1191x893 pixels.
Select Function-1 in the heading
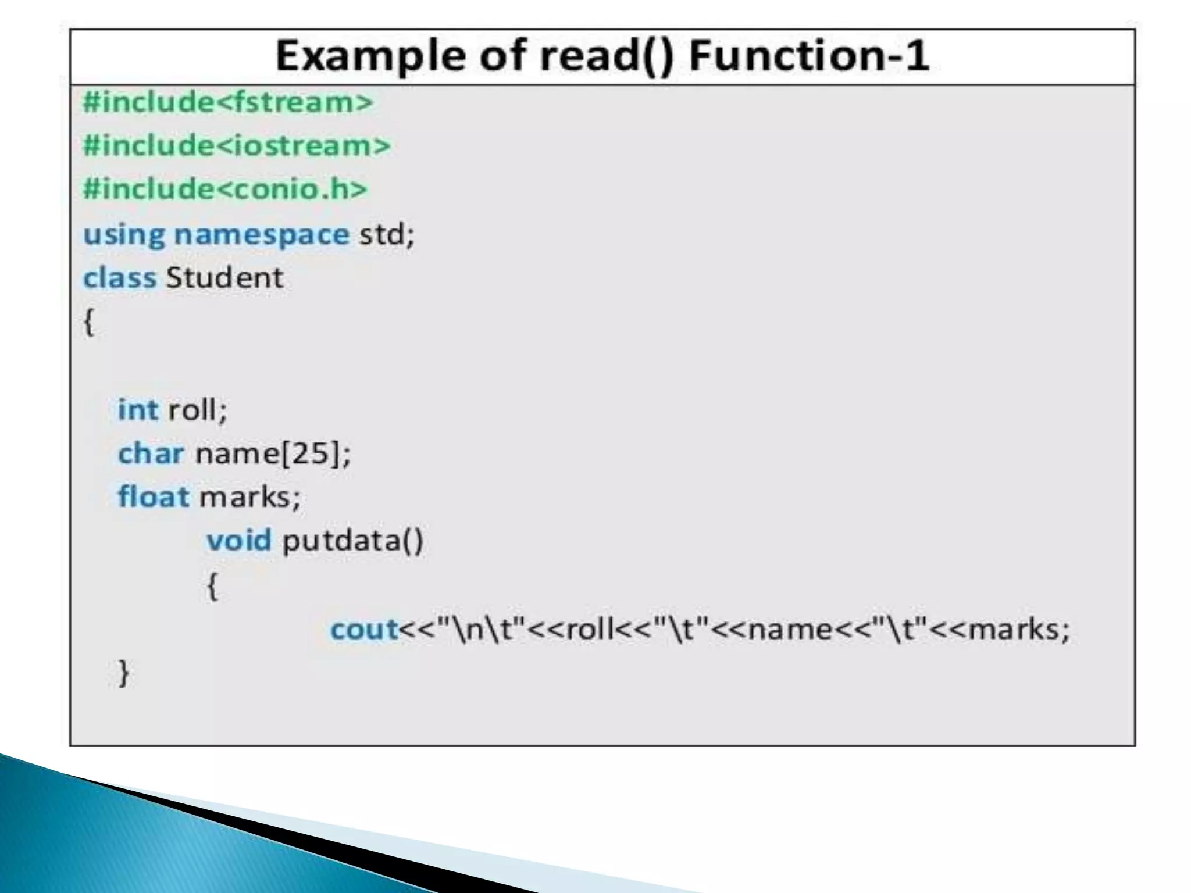808,56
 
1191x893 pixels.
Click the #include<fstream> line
228,102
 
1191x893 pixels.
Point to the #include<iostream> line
237,145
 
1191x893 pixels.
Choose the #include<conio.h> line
225,189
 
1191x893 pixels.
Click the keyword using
124,235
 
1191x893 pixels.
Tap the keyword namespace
262,234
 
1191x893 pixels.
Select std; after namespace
387,234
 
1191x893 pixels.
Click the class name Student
224,277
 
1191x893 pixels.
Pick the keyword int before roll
138,409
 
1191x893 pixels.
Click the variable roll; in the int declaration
198,409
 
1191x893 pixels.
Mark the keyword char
151,453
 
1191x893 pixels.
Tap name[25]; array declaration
273,453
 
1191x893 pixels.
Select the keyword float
154,497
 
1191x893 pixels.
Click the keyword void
239,540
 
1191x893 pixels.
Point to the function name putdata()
353,541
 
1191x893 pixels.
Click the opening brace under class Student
89,322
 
